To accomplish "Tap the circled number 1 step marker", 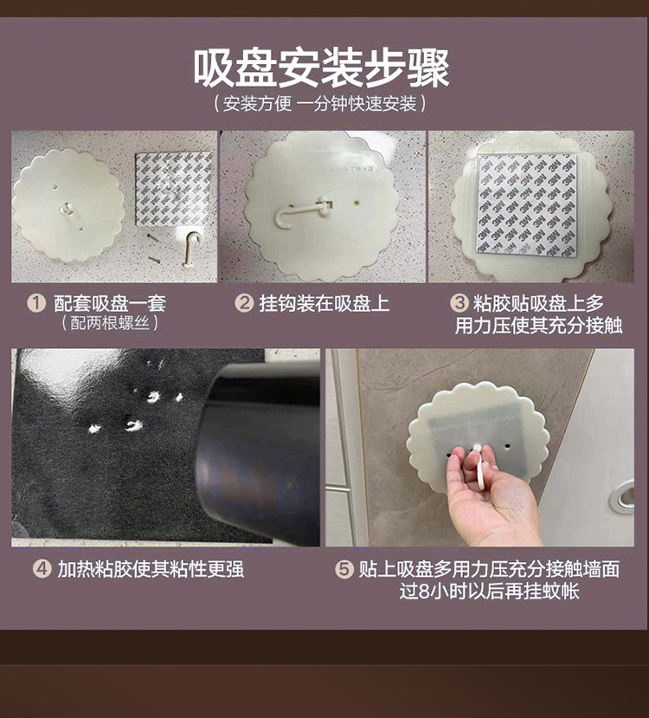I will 35,304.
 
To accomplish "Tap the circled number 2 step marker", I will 245,304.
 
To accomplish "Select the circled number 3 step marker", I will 459,304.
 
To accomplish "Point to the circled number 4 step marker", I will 42,569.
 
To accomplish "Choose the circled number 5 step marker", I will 344,569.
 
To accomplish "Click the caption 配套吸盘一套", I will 109,304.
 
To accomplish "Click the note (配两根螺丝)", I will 110,324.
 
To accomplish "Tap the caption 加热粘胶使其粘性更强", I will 151,569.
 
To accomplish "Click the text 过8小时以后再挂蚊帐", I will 489,592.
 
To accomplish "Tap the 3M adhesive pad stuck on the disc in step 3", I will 530,204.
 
